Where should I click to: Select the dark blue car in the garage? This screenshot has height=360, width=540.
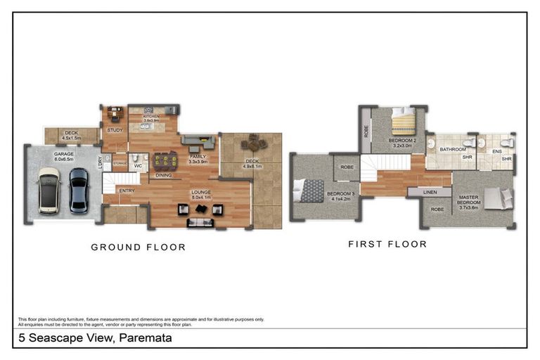pos(77,191)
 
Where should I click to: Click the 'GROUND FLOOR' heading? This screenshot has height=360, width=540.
pos(139,247)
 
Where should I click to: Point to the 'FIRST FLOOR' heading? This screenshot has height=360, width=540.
pos(387,245)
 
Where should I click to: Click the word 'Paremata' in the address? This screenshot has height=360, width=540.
pos(146,338)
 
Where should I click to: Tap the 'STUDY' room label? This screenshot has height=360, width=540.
pos(115,131)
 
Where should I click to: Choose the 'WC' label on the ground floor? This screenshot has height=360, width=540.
pos(139,167)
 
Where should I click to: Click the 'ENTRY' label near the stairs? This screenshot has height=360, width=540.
pos(127,190)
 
